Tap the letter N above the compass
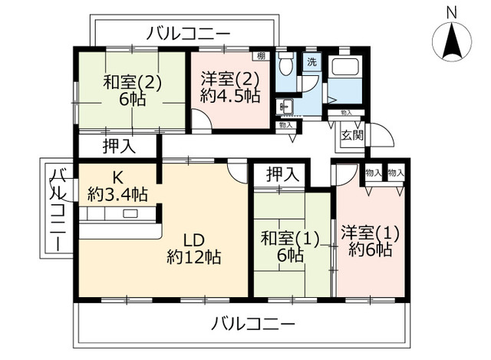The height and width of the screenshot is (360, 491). tap(452, 13)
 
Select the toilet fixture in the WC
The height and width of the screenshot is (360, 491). tap(285, 64)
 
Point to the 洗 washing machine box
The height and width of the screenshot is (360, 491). tap(311, 62)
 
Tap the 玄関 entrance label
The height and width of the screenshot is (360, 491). tap(352, 135)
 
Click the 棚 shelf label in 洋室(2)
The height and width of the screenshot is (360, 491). tap(261, 56)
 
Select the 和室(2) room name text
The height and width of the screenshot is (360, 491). tap(132, 82)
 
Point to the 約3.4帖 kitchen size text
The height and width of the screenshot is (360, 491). tap(117, 194)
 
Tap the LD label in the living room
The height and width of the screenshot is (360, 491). tap(194, 240)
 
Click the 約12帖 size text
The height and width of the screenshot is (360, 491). tap(194, 257)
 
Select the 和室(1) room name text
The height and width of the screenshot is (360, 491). tap(290, 239)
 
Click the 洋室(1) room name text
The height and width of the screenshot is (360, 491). tap(370, 233)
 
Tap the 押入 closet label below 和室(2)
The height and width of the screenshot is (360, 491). tap(120, 147)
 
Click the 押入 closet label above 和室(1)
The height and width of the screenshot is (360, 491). tap(283, 174)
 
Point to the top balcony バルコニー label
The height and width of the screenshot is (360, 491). tap(189, 34)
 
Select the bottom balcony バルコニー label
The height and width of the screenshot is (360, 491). tap(253, 323)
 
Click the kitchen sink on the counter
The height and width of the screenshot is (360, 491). tap(130, 213)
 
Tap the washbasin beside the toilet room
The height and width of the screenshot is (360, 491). tap(285, 107)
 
